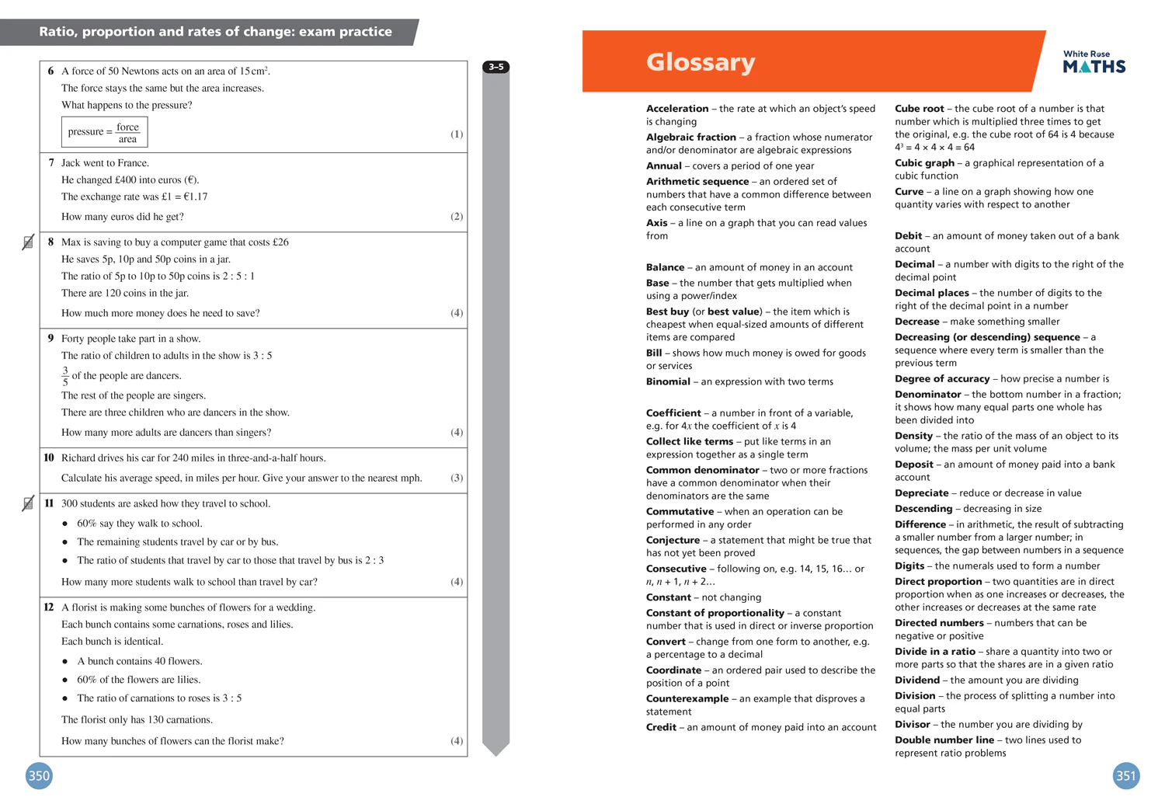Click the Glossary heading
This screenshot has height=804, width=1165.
click(700, 62)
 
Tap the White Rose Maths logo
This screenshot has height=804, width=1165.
click(1094, 62)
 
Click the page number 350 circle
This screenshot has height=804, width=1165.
click(39, 775)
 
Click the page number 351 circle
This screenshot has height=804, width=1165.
click(1125, 775)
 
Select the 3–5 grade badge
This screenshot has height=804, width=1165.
click(496, 68)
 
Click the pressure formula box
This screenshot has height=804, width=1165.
click(104, 132)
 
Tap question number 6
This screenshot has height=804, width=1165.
click(50, 71)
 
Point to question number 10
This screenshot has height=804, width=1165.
click(49, 458)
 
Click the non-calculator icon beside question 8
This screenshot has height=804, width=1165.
click(28, 242)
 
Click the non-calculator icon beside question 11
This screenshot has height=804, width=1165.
click(28, 503)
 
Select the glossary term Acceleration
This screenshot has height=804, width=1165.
click(677, 109)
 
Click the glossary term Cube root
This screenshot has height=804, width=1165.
click(919, 109)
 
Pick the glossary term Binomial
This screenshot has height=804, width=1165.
click(668, 381)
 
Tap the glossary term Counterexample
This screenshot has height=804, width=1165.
click(687, 698)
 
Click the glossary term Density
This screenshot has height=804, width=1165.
click(913, 436)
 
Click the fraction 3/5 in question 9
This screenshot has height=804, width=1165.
click(65, 376)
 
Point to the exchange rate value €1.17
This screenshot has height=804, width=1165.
click(194, 197)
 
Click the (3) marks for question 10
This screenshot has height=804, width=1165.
click(457, 478)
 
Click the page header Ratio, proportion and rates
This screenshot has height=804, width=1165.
click(215, 32)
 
